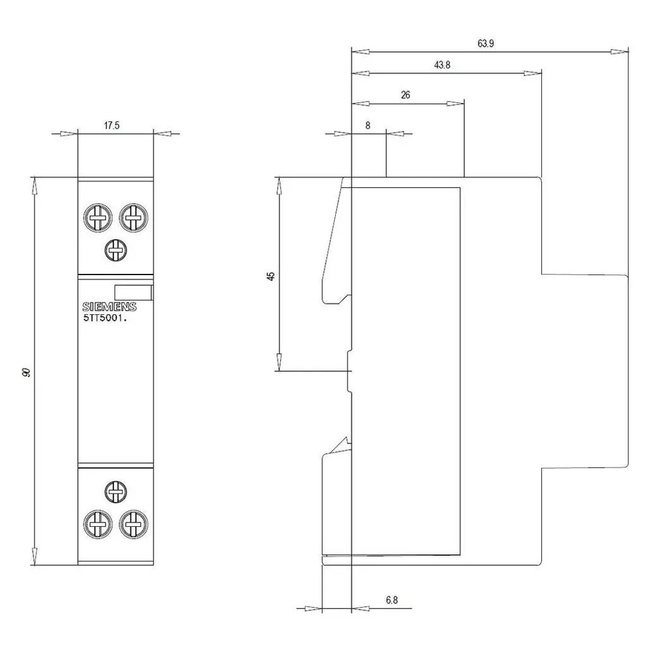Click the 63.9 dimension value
pos(485,44)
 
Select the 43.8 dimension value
pos(442,65)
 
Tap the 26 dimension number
pos(406,95)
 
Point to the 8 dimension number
pos(368,126)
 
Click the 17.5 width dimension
pos(111,126)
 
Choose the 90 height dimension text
pos(27,372)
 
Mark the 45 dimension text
pos(271,276)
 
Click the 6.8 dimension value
pos(392,600)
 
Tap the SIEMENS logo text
pos(110,307)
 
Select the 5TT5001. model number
pos(105,319)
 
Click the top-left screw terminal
pos(98,218)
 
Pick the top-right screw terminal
pos(134,218)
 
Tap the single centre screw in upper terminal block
pos(115,250)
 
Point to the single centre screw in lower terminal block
pos(115,492)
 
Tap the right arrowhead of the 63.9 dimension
pos(619,52)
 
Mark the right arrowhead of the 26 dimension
pos(455,104)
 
